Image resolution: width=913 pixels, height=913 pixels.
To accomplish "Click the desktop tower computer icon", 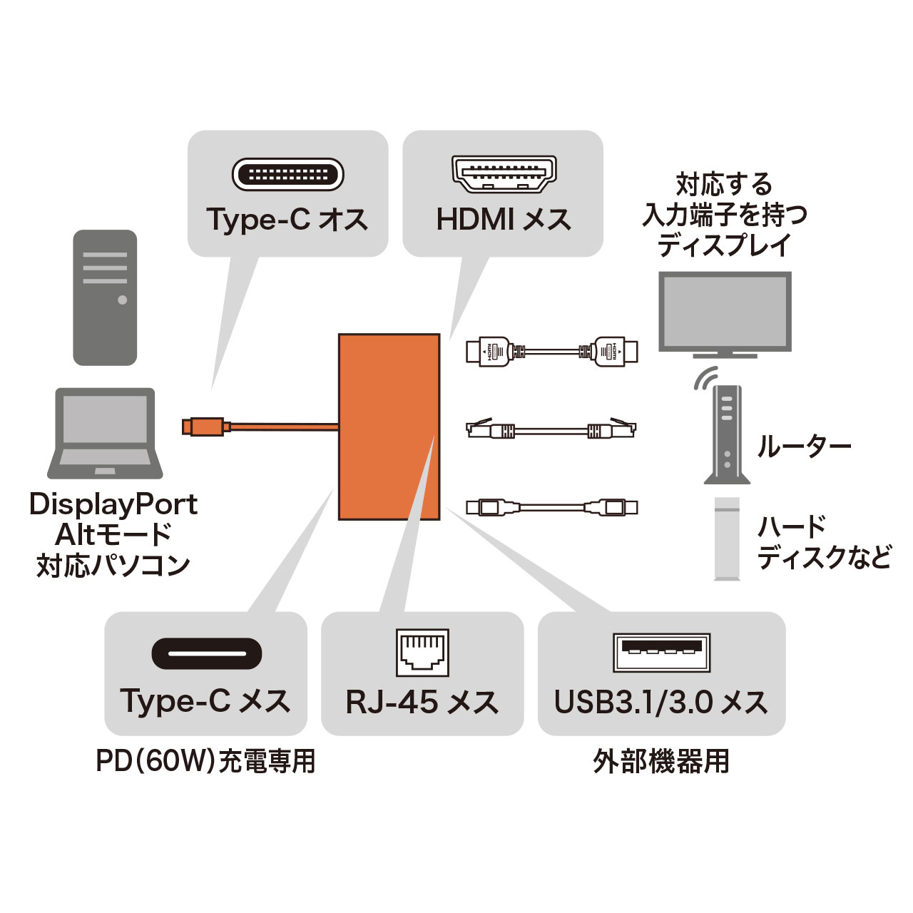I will pyautogui.click(x=105, y=297).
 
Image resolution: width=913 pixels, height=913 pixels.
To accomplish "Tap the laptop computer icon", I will pyautogui.click(x=105, y=433).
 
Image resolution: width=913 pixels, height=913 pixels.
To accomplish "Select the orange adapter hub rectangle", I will pyautogui.click(x=389, y=427).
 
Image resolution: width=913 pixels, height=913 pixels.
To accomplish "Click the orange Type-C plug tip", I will pyautogui.click(x=189, y=427).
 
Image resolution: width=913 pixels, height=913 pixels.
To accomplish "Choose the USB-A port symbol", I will pyautogui.click(x=661, y=652).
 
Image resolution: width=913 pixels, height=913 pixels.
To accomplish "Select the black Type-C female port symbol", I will pyautogui.click(x=207, y=653).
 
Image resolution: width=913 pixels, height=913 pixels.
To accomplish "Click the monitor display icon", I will pyautogui.click(x=724, y=314).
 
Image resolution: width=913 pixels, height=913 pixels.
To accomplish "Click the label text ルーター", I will pyautogui.click(x=804, y=447).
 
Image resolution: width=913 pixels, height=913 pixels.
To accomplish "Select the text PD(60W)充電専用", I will pyautogui.click(x=205, y=761).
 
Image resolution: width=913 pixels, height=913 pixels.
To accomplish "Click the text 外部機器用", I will pyautogui.click(x=661, y=761).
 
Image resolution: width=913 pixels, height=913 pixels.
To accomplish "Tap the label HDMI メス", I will pyautogui.click(x=504, y=220).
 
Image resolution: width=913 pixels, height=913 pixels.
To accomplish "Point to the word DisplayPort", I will pyautogui.click(x=113, y=504).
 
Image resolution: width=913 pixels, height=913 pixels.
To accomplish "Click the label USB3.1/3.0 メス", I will pyautogui.click(x=661, y=703).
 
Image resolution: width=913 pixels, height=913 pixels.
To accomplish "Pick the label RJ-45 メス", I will pyautogui.click(x=422, y=703).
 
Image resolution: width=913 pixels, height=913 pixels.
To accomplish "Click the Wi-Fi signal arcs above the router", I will pyautogui.click(x=705, y=378).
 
